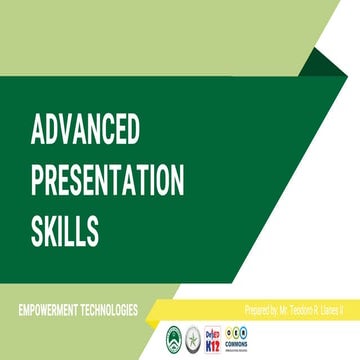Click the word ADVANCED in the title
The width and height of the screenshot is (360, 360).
(x=85, y=131)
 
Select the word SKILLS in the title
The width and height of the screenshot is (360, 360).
(x=65, y=231)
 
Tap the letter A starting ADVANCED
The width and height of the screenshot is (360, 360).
(x=37, y=131)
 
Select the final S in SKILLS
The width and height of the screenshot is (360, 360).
(x=93, y=231)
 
